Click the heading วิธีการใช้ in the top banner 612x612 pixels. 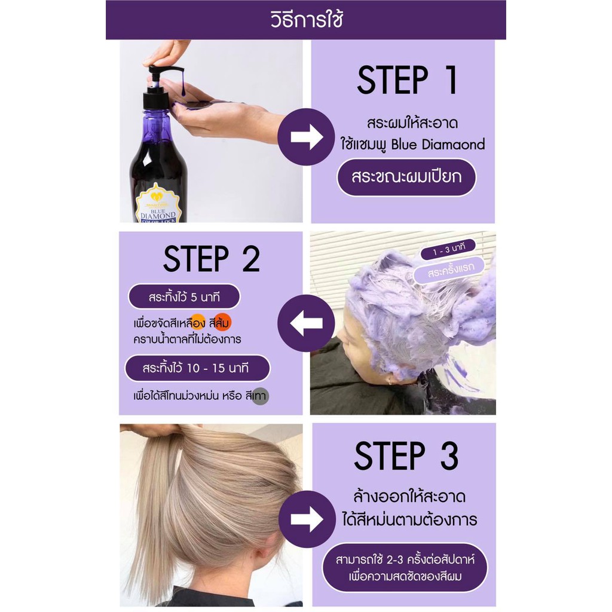tap(307, 20)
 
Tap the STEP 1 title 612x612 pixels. tap(406, 81)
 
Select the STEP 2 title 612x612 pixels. tap(212, 258)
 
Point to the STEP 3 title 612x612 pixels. tap(406, 455)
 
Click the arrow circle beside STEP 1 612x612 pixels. tap(307, 137)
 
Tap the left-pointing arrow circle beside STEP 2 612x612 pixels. tap(307, 323)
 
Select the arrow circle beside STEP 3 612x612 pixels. tap(307, 519)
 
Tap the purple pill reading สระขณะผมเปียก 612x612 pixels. tap(406, 177)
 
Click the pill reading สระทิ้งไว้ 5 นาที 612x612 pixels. tap(184, 297)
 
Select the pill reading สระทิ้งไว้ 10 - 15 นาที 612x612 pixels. tap(197, 368)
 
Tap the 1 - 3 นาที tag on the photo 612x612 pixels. tap(448, 249)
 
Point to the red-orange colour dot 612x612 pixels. tap(222, 322)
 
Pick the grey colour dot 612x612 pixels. tap(260, 397)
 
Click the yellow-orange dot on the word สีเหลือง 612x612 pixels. tap(197, 322)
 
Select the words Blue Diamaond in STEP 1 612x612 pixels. tap(438, 145)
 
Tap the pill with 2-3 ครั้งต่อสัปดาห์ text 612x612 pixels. tap(405, 568)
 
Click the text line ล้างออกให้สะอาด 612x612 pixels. tap(409, 497)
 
